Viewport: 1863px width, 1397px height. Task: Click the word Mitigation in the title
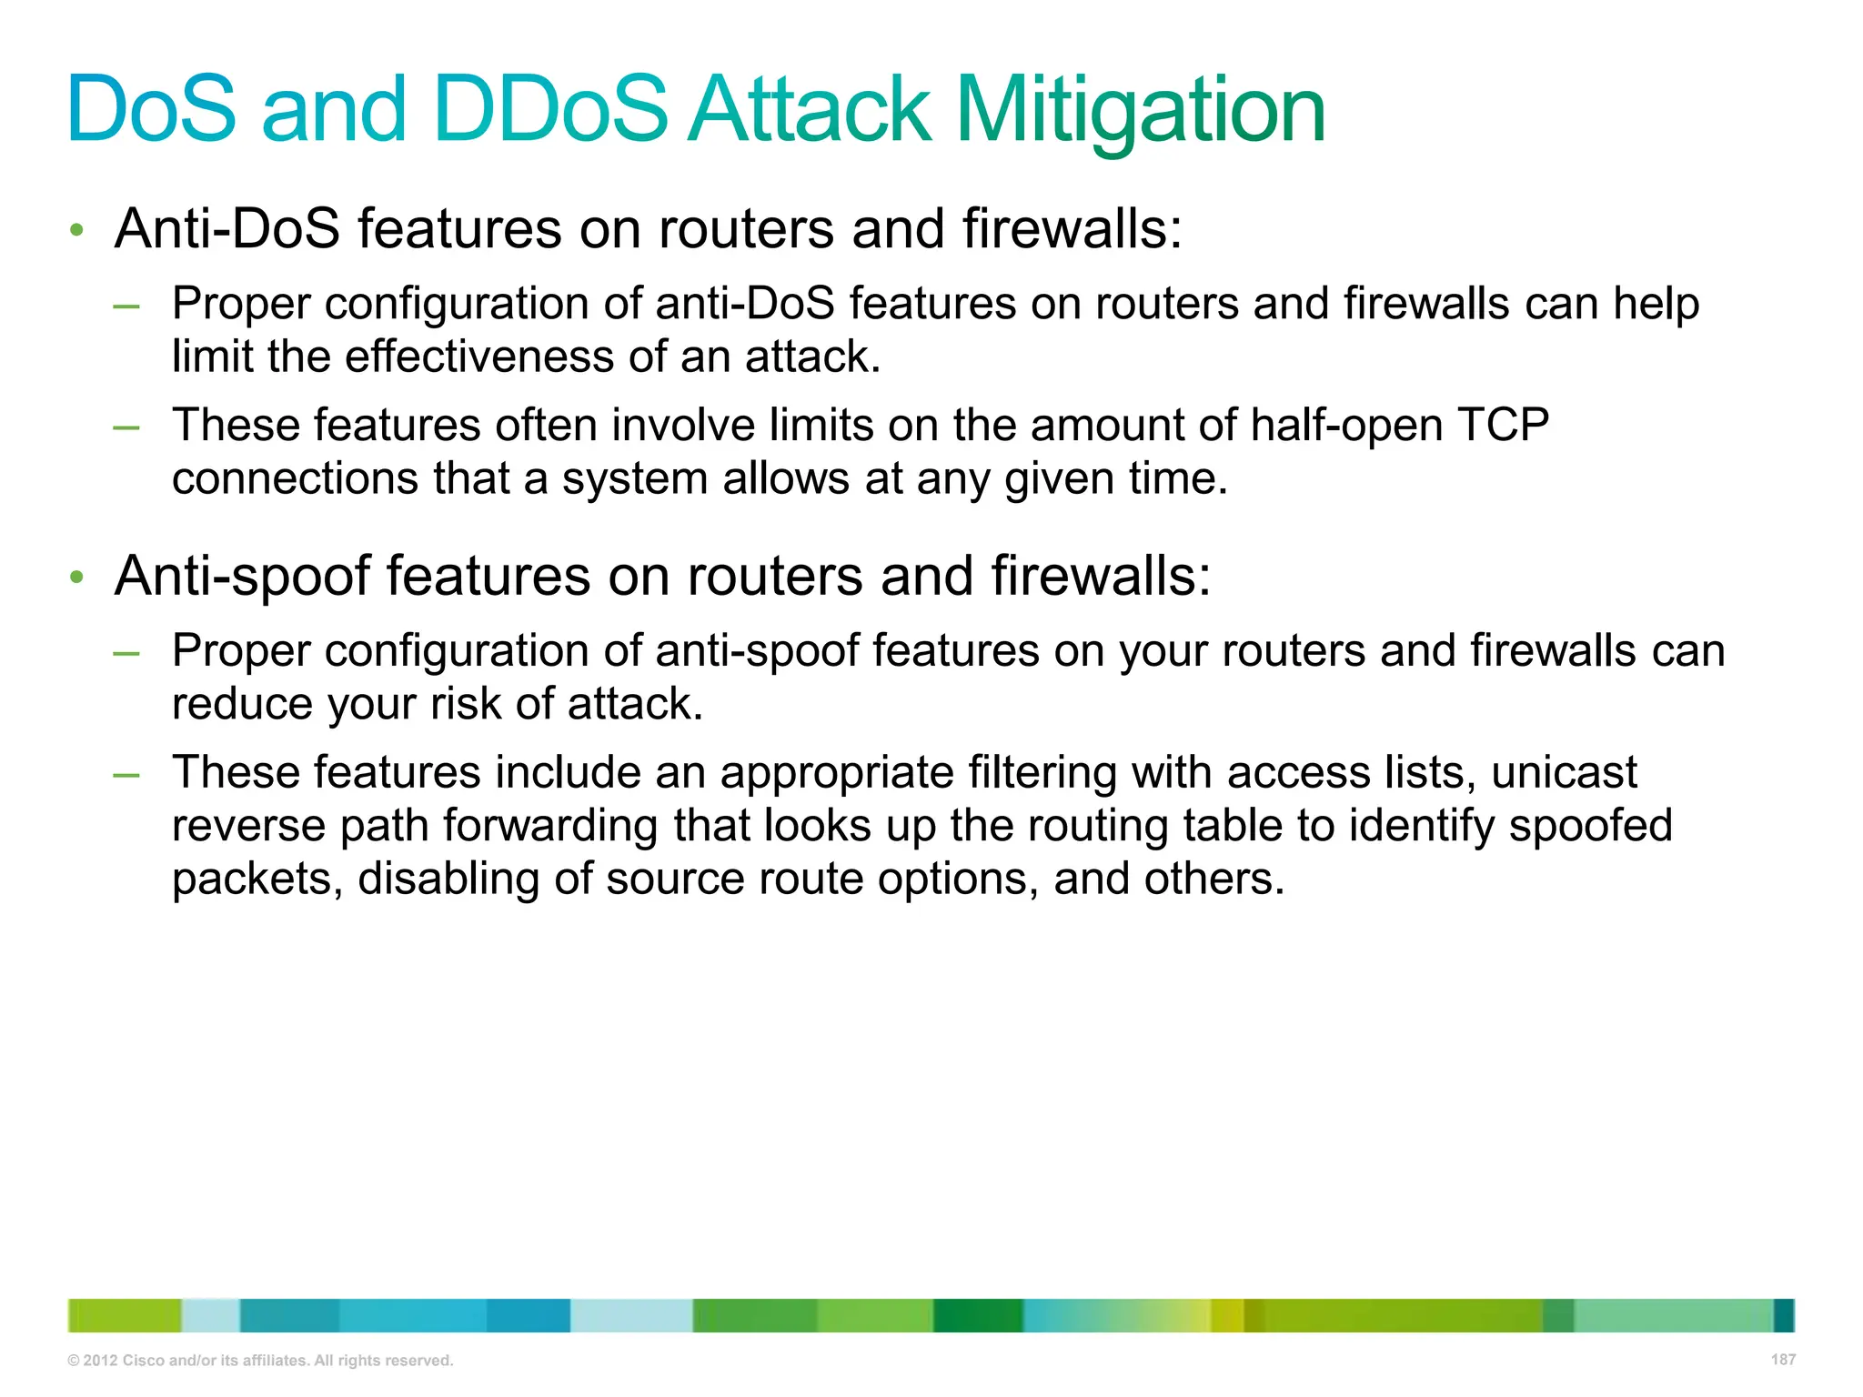[x=1141, y=111]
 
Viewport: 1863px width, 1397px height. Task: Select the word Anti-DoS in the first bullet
[x=227, y=228]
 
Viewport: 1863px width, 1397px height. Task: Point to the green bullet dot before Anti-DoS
[x=77, y=230]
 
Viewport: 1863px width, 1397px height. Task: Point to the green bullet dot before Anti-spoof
[x=77, y=578]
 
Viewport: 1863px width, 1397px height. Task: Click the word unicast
[x=1564, y=772]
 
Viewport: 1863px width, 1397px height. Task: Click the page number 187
[x=1783, y=1360]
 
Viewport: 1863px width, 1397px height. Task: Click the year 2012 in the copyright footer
[x=100, y=1361]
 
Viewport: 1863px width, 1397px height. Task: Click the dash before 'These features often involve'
[x=126, y=427]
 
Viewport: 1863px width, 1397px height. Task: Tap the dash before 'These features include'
[x=126, y=774]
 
